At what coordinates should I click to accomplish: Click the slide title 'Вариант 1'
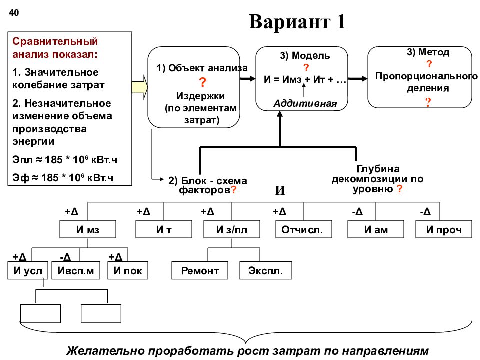pyautogui.click(x=297, y=22)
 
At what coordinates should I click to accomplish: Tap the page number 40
pyautogui.click(x=14, y=13)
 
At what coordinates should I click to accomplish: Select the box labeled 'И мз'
pyautogui.click(x=88, y=229)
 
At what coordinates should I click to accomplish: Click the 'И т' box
pyautogui.click(x=164, y=229)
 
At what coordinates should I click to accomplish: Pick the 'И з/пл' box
pyautogui.click(x=232, y=229)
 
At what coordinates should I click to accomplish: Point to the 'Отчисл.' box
pyautogui.click(x=304, y=229)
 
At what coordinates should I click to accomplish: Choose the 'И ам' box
pyautogui.click(x=376, y=229)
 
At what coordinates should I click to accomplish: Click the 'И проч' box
pyautogui.click(x=444, y=229)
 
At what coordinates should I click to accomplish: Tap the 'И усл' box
pyautogui.click(x=28, y=270)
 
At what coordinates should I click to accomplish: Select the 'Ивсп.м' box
pyautogui.click(x=76, y=270)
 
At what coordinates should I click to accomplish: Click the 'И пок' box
pyautogui.click(x=128, y=270)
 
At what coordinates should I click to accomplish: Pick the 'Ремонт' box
pyautogui.click(x=200, y=270)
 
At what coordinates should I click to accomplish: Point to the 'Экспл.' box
pyautogui.click(x=265, y=270)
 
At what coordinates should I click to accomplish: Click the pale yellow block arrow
pyautogui.click(x=140, y=87)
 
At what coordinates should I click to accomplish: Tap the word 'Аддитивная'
pyautogui.click(x=305, y=104)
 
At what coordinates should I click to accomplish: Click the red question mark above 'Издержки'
pyautogui.click(x=202, y=82)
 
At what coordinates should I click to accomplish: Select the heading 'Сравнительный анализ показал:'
pyautogui.click(x=55, y=48)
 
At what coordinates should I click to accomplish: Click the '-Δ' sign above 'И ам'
pyautogui.click(x=357, y=212)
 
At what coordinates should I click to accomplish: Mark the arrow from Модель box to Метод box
pyautogui.click(x=358, y=79)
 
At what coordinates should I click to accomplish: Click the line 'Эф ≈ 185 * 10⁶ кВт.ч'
pyautogui.click(x=63, y=177)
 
